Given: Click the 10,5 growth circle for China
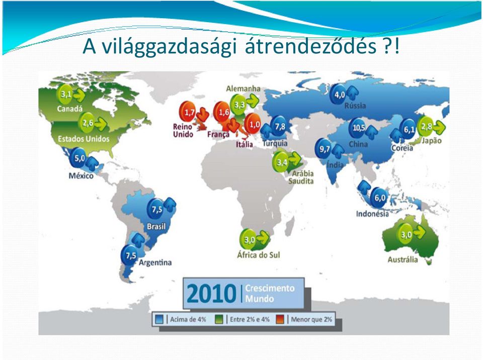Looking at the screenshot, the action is pyautogui.click(x=358, y=128).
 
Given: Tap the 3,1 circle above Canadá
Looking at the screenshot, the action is pyautogui.click(x=65, y=94).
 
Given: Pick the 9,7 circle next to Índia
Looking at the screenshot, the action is pyautogui.click(x=324, y=149).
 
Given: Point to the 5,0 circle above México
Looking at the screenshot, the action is pyautogui.click(x=79, y=158).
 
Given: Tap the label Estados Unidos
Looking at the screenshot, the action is pyautogui.click(x=84, y=139).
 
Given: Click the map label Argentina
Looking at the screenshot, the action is pyautogui.click(x=155, y=262).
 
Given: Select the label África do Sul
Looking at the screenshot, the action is pyautogui.click(x=258, y=255).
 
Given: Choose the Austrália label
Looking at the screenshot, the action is pyautogui.click(x=403, y=259).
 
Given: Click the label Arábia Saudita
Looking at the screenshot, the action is pyautogui.click(x=301, y=177).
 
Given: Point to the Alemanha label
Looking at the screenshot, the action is pyautogui.click(x=243, y=88).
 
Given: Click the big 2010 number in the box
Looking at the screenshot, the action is pyautogui.click(x=212, y=294).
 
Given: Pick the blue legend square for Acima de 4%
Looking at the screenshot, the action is pyautogui.click(x=159, y=319).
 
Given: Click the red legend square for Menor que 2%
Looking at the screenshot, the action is pyautogui.click(x=280, y=319).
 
